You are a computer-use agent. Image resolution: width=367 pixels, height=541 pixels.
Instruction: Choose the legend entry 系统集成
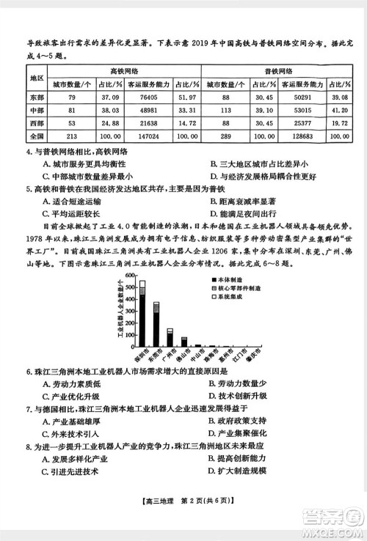pos(228,298)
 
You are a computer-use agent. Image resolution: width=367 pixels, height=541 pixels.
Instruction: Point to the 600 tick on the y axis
pos(129,275)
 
